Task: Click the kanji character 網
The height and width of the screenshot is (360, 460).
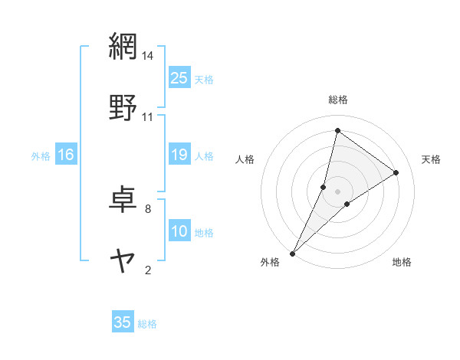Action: [x=123, y=47]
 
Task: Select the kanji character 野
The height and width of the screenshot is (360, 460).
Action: [x=123, y=107]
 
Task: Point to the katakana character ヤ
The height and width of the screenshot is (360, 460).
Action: [x=123, y=260]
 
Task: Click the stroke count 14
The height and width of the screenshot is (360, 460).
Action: [x=148, y=56]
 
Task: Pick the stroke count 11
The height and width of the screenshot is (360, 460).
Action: [x=148, y=117]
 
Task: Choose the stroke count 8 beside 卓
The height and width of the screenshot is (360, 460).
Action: [x=148, y=208]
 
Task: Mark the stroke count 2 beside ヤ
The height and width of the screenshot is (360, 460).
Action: [x=148, y=270]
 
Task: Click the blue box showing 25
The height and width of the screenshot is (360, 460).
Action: [x=179, y=77]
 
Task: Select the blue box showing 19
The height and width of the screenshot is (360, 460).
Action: [x=179, y=155]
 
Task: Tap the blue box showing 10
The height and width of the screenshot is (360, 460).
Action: [x=179, y=231]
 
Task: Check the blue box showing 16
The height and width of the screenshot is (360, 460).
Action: [x=66, y=155]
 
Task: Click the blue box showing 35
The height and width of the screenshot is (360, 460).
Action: [x=123, y=322]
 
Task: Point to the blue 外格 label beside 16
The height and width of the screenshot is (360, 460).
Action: [x=41, y=156]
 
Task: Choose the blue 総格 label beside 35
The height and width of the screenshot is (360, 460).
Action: [x=147, y=324]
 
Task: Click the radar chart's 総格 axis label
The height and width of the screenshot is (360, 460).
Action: [x=338, y=100]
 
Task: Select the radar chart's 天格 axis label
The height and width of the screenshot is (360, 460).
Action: [x=432, y=159]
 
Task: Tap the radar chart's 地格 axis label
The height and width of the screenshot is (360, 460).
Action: [x=402, y=263]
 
